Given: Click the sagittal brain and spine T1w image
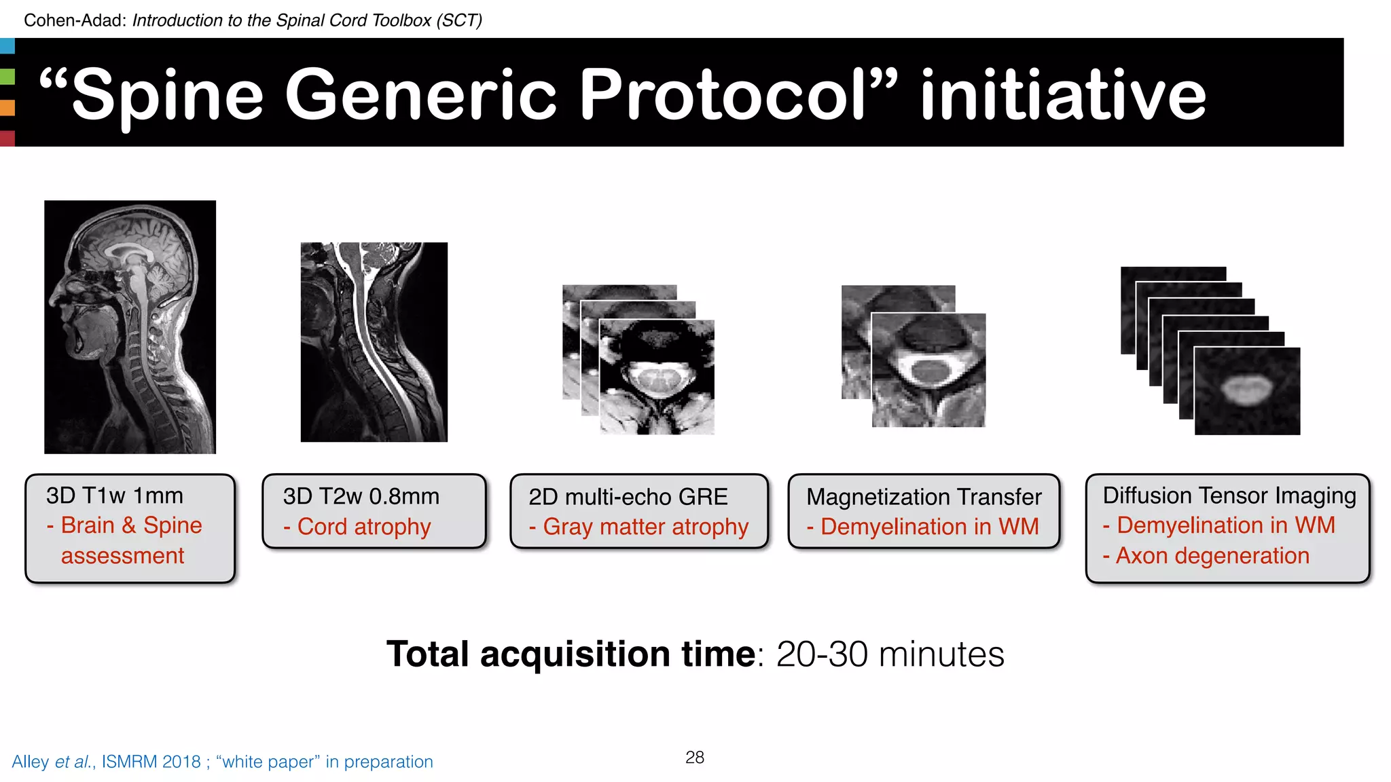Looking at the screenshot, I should (130, 327).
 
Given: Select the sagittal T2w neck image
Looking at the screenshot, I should (374, 342).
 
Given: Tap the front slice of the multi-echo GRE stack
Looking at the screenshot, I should (657, 377).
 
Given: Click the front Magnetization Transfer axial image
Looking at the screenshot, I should (928, 370).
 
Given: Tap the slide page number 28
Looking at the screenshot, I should (695, 757).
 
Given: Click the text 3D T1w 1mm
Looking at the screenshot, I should (115, 496).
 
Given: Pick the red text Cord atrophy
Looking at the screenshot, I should (364, 527).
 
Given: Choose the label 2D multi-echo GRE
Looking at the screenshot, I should (628, 497).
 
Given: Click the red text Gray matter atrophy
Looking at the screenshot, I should (645, 527).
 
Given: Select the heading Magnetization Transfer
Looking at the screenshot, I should (924, 497).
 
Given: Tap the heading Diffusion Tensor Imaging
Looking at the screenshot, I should (1229, 496).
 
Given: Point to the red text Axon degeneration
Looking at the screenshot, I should (1212, 556).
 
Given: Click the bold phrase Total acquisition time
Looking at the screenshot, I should (571, 654).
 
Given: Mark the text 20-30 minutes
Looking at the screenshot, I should (890, 654).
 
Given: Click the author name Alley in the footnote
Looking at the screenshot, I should (30, 762).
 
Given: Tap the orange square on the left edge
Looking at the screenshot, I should (7, 107).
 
